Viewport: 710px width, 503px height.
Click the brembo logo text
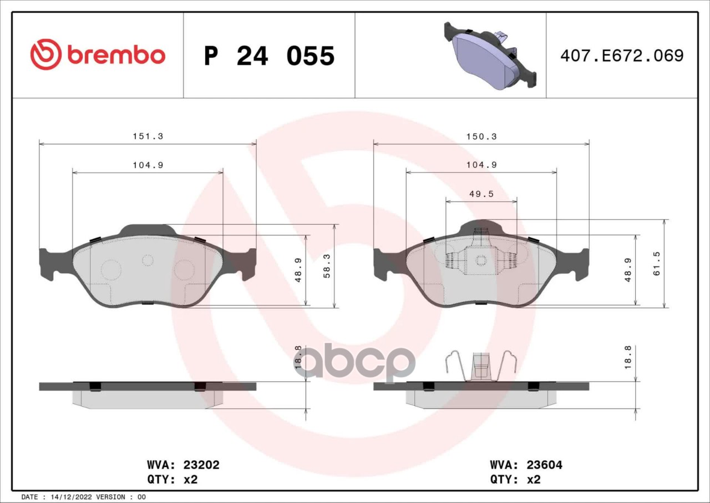tap(116, 56)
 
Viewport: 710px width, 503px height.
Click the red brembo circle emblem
tap(45, 54)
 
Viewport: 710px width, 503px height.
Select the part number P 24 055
tap(269, 56)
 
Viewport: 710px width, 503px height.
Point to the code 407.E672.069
tap(622, 56)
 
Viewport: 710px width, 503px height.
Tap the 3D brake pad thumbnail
tap(490, 56)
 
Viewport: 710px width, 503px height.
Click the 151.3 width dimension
tap(148, 137)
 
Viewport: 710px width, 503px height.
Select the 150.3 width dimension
tap(481, 137)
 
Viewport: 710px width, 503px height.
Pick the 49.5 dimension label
tap(481, 194)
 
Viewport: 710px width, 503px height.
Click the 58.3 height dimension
tap(327, 265)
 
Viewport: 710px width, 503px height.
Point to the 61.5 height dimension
tap(656, 263)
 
